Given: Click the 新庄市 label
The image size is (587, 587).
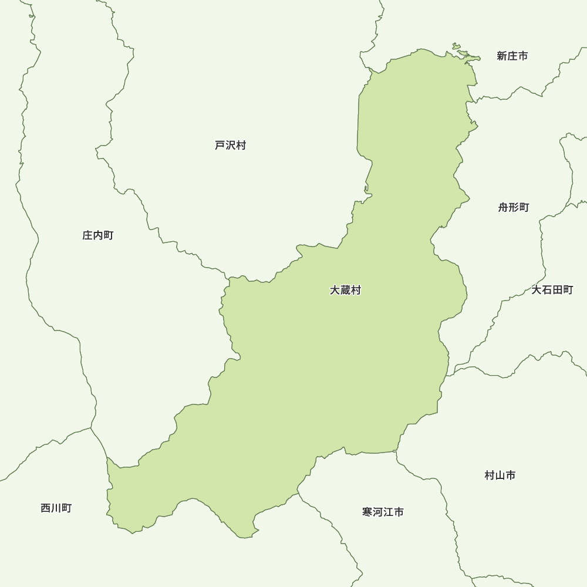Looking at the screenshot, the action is tap(512, 56).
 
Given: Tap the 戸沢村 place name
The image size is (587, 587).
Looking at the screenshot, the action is tap(230, 146).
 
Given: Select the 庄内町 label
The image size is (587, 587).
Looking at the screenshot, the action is tap(98, 236).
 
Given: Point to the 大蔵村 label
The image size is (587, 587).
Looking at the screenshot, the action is tap(345, 291).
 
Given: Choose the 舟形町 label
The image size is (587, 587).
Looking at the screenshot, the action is tap(514, 208).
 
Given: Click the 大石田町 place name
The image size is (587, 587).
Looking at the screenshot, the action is tap(552, 291).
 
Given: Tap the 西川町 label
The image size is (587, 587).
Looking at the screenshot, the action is tap(56, 508).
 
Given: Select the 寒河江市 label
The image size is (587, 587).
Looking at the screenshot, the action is tap(383, 512).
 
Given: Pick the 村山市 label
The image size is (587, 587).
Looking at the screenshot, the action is tap(500, 475).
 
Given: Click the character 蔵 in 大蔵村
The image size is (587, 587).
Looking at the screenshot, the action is tap(345, 291).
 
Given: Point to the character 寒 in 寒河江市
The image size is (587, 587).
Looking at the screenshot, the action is tap(367, 512).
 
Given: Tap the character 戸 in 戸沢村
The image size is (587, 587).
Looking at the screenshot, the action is tap(220, 146).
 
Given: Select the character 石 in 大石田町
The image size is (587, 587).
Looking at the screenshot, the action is tap(547, 291).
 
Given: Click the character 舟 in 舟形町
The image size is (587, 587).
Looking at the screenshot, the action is tap(504, 208).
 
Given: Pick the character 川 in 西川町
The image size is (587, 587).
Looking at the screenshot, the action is tap(56, 508).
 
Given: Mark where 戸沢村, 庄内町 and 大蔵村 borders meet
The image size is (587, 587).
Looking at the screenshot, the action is tap(229, 278).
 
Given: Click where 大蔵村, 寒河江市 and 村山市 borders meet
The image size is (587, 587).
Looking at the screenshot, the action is tap(397, 452).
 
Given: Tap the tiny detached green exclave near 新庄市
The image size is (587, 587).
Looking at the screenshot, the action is tap(456, 47).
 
